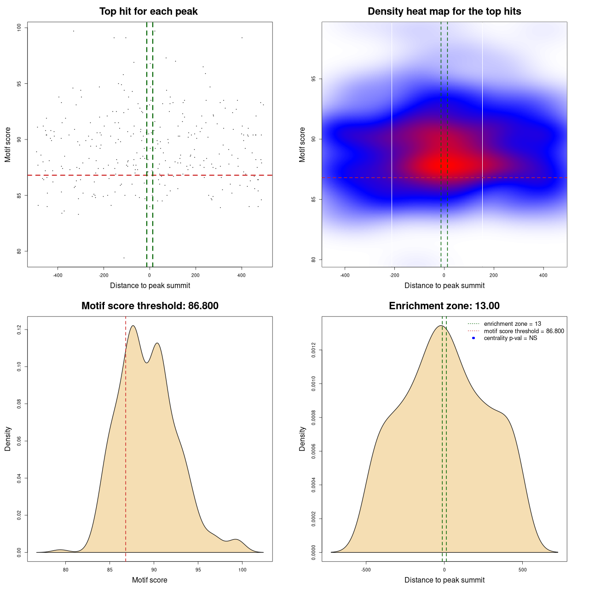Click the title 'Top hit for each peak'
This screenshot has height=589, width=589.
[x=148, y=12]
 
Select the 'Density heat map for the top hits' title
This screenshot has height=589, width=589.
[x=444, y=12]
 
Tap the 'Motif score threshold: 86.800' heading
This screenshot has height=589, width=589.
[x=150, y=306]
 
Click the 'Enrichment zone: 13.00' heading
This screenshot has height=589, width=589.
[x=444, y=306]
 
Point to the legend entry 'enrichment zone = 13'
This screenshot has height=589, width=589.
[x=512, y=324]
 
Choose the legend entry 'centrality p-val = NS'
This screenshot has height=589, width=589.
[x=510, y=338]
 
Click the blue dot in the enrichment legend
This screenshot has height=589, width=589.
[x=474, y=338]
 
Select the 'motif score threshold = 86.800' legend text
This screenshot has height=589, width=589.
[x=524, y=331]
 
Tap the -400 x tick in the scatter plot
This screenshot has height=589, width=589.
[x=58, y=275]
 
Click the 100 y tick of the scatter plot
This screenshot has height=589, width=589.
[x=19, y=28]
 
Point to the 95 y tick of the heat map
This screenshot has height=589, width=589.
[x=314, y=79]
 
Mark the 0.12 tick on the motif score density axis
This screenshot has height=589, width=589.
[x=19, y=329]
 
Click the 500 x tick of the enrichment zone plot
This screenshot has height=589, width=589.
[x=522, y=570]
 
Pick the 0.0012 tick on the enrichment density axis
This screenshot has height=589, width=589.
[x=314, y=350]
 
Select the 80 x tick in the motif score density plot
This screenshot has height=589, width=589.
[x=66, y=570]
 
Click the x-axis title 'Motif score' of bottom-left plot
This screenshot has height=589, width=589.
[x=150, y=580]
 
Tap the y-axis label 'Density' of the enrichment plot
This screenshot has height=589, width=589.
[x=302, y=439]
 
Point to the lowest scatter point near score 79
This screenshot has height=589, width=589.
[x=124, y=258]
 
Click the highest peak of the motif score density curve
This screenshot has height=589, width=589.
[x=133, y=326]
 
